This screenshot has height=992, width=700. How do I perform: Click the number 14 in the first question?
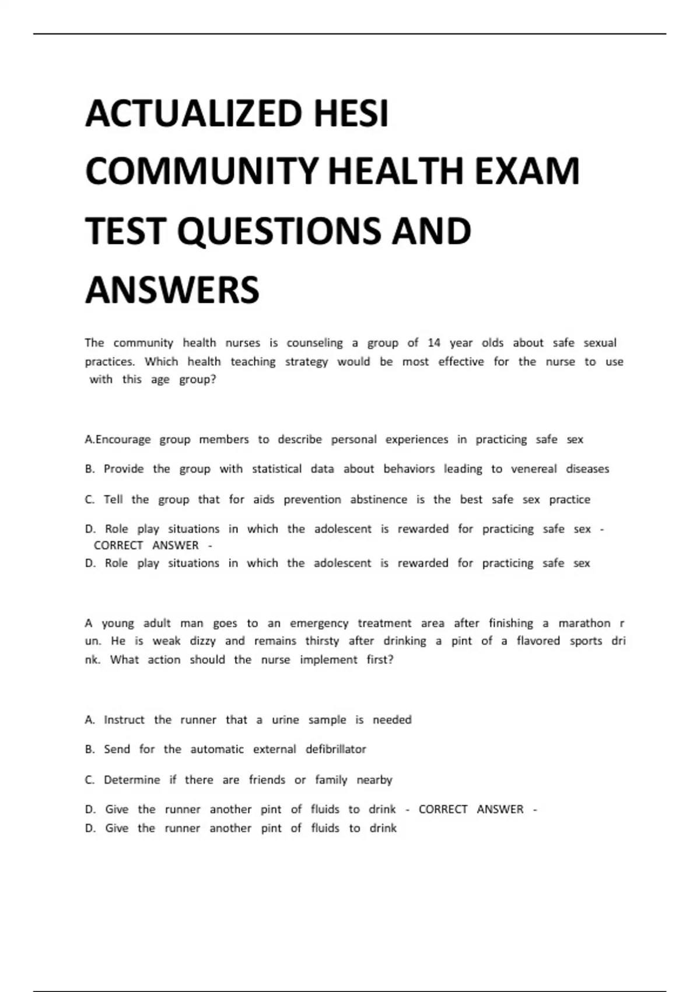[434, 343]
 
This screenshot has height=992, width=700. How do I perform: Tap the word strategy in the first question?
[306, 362]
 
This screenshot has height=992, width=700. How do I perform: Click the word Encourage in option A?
[123, 439]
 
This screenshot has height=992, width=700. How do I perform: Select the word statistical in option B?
[276, 469]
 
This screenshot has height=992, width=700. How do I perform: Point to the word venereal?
[534, 469]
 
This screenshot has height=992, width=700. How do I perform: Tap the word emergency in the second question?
[319, 623]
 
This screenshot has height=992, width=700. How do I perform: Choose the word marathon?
[584, 623]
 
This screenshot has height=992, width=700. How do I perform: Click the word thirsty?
[322, 641]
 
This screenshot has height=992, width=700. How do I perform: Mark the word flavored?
[538, 641]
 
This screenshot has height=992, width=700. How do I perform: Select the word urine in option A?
[285, 720]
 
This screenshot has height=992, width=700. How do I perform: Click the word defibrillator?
[336, 749]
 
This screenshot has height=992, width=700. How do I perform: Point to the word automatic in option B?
[217, 749]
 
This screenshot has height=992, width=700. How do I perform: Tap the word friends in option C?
[267, 780]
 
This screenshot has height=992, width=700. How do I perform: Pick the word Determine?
[132, 780]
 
